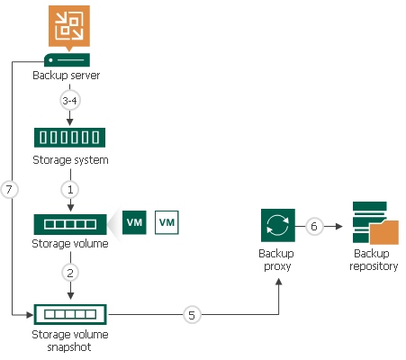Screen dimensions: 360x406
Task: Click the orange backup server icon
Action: (69, 27)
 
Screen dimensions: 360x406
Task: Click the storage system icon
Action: (69, 137)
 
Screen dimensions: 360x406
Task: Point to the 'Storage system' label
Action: (69, 160)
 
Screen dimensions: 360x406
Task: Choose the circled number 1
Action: (70, 189)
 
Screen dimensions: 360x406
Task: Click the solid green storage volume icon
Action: (69, 222)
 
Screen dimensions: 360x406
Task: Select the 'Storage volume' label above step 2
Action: (69, 244)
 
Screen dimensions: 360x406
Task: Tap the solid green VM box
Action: (134, 221)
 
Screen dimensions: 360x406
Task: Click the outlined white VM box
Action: (167, 221)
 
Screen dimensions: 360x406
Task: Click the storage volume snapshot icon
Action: (69, 315)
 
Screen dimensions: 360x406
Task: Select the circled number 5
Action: (191, 315)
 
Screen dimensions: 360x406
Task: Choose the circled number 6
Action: (314, 227)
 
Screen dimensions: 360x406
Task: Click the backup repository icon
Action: (373, 225)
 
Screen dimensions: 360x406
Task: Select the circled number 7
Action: (11, 190)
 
